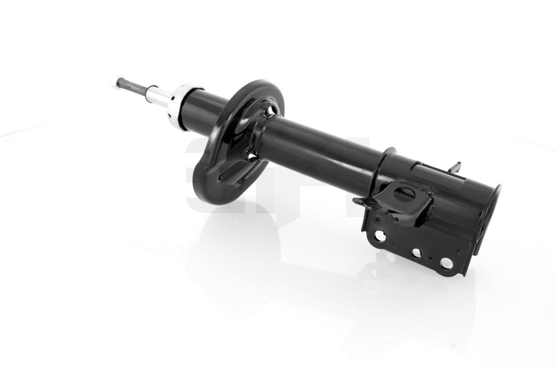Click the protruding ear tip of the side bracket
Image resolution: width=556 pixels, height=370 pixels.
(357, 201)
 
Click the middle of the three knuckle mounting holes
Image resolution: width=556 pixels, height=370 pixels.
(416, 253)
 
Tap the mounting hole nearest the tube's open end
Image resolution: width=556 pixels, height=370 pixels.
(446, 263)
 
